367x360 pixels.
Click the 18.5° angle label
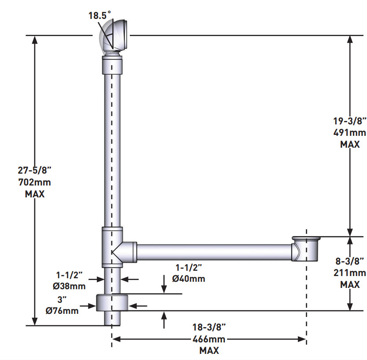tap(99, 15)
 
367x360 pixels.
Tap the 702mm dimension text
tap(35, 182)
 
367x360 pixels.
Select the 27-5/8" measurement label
tap(34, 171)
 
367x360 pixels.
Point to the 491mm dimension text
tap(350, 133)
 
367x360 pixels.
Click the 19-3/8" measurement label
tap(350, 121)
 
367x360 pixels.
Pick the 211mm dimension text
tap(350, 273)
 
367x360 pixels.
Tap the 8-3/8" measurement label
tap(350, 261)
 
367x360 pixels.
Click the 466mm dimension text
tap(209, 339)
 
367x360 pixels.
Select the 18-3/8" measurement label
tap(209, 327)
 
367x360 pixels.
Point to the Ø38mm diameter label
tap(69, 286)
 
